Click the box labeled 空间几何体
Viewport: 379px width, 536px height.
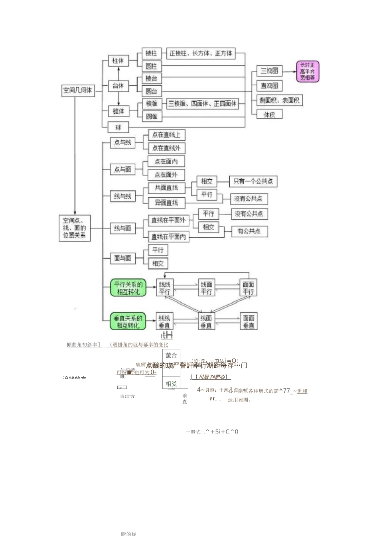[78, 91]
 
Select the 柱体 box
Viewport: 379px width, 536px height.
[118, 61]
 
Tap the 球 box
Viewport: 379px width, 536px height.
[118, 127]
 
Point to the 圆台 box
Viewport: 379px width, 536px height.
[151, 91]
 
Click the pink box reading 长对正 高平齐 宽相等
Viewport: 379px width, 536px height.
[308, 71]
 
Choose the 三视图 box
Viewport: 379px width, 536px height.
[269, 71]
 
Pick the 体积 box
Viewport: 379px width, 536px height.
[269, 114]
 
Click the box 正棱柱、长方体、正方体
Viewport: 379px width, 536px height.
[201, 53]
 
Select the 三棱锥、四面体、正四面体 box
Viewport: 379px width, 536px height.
[202, 104]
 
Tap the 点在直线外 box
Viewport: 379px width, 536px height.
[166, 148]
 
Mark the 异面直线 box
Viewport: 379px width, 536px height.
[166, 203]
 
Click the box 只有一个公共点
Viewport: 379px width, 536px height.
[253, 181]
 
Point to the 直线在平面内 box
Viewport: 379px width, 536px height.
[168, 236]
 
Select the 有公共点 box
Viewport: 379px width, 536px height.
[249, 231]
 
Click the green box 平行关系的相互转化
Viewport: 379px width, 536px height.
[128, 288]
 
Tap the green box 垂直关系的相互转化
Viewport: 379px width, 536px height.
[128, 321]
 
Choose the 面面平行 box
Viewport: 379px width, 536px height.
[248, 288]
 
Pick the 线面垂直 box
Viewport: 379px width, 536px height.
[206, 321]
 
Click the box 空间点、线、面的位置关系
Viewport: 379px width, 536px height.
[75, 228]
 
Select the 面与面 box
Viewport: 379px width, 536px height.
[122, 258]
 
